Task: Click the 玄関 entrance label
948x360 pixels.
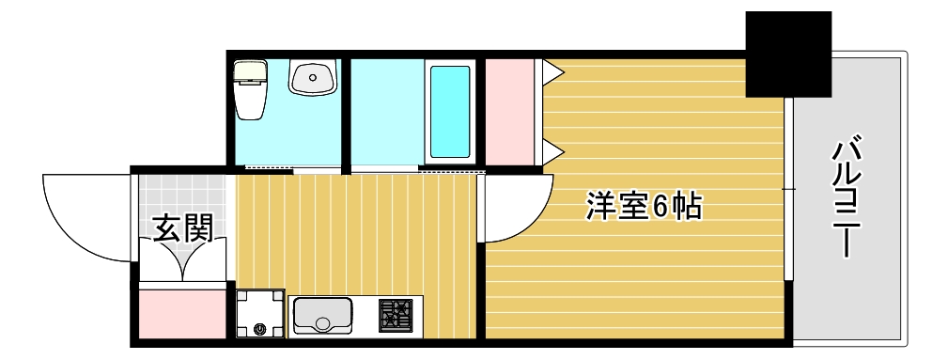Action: click(x=182, y=228)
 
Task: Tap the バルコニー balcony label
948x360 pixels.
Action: click(x=847, y=197)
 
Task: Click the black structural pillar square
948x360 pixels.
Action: click(x=788, y=54)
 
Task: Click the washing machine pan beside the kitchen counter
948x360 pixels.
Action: click(x=260, y=313)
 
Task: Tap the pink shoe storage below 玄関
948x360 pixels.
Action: click(x=183, y=314)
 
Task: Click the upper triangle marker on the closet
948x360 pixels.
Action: click(x=552, y=70)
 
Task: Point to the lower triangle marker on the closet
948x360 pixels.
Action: click(x=552, y=150)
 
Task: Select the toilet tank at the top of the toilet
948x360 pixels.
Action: click(x=251, y=71)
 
